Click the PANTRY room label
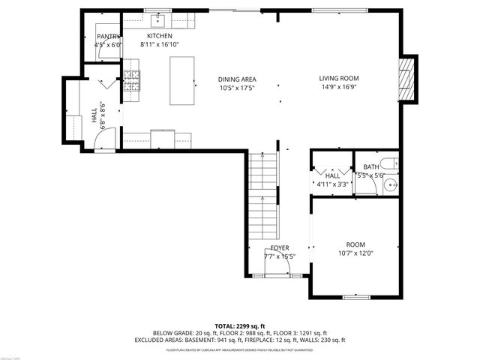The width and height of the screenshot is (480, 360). (108, 36)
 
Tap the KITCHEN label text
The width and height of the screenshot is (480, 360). (160, 36)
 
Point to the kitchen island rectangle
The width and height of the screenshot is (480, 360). (182, 80)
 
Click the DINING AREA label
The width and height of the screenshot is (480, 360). (237, 79)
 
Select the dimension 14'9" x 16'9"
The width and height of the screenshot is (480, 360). (339, 87)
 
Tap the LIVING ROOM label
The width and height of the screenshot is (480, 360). (339, 78)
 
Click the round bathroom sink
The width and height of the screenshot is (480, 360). (389, 186)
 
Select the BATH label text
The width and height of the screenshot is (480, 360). (371, 167)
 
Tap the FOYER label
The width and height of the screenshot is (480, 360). (280, 248)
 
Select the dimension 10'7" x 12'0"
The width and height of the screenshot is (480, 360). (355, 253)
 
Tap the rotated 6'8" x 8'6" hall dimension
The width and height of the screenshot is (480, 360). (103, 115)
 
